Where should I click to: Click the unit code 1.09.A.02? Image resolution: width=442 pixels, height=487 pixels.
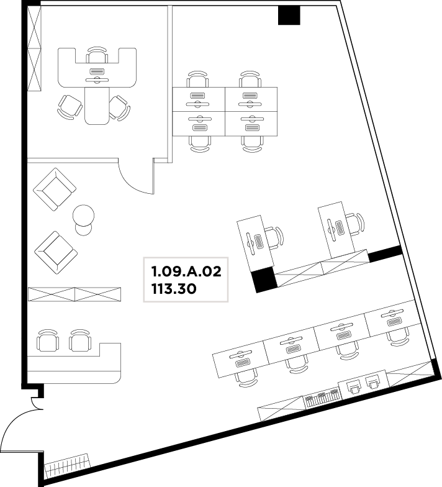click(186, 271)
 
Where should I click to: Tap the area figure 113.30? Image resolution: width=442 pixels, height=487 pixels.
click(174, 289)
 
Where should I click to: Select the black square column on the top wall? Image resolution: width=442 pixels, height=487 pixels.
click(289, 16)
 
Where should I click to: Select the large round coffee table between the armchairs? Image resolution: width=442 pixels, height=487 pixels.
click(83, 215)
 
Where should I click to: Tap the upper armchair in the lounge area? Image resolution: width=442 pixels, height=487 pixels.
click(55, 190)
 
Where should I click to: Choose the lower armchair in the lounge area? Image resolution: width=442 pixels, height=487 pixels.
click(56, 252)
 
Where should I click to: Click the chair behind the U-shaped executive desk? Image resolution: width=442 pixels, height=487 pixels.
click(97, 55)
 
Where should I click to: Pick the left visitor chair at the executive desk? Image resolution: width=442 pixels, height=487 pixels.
click(70, 106)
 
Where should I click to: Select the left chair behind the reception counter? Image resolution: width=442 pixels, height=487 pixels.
click(47, 340)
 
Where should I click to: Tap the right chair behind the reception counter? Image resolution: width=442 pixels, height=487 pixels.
click(79, 340)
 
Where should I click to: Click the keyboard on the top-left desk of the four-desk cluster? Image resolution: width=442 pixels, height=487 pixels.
click(197, 96)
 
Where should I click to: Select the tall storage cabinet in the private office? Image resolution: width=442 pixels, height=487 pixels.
click(35, 48)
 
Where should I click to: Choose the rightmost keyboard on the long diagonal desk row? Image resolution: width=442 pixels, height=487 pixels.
click(394, 322)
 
